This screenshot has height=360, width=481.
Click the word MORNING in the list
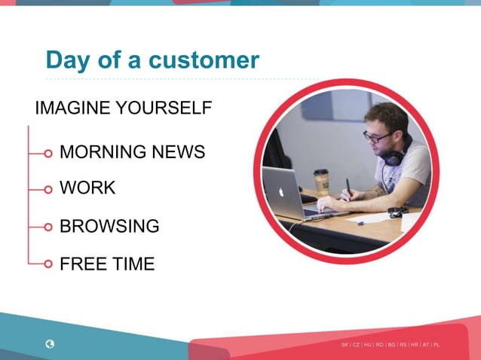(103, 152)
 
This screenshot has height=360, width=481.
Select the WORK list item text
(87, 188)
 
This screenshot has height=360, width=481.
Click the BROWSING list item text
(109, 226)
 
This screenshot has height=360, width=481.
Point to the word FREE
(83, 264)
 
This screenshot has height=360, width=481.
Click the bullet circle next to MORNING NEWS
(48, 153)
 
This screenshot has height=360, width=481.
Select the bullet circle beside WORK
(48, 189)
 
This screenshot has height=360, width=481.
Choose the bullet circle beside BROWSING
(48, 227)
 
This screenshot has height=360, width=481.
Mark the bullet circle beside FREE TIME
(48, 264)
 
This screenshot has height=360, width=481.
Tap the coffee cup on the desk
(322, 182)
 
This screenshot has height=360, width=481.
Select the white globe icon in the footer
(50, 344)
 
